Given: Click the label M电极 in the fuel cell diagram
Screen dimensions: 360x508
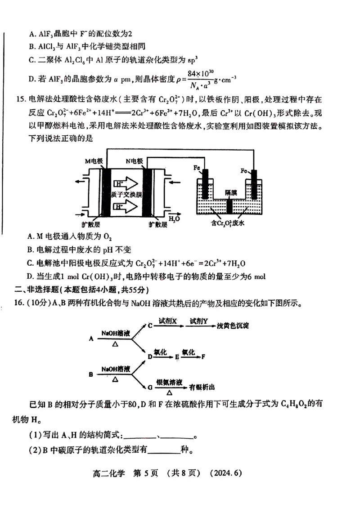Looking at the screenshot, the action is (x=94, y=160).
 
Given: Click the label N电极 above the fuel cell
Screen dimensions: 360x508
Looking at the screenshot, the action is (x=134, y=160).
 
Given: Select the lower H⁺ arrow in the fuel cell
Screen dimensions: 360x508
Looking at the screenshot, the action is (x=127, y=207).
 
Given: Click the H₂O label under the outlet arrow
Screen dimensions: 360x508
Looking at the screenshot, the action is (x=174, y=218).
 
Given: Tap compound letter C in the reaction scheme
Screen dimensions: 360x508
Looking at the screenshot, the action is (x=150, y=325).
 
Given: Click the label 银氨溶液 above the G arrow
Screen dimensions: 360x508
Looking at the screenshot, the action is (x=169, y=381).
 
